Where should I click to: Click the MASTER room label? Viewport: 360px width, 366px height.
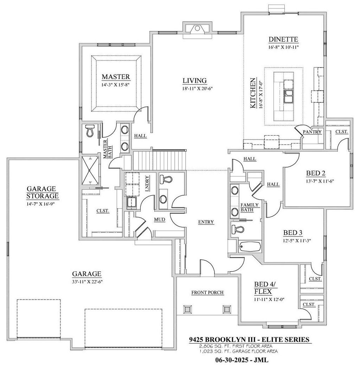(116, 77)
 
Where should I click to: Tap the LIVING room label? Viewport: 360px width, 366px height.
(195, 80)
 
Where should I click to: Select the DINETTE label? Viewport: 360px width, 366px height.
(283, 39)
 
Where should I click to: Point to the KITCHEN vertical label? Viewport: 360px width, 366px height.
(253, 93)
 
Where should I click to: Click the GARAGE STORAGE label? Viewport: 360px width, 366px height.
(43, 192)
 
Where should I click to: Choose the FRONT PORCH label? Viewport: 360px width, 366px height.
(207, 292)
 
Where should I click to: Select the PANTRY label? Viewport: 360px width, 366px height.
(312, 132)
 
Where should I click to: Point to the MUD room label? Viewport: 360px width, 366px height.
(160, 220)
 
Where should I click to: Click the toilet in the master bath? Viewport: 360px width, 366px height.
(90, 130)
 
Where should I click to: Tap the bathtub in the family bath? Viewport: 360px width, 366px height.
(250, 247)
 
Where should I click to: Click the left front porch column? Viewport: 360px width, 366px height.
(188, 309)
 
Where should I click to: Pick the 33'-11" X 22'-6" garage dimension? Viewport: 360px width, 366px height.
(88, 281)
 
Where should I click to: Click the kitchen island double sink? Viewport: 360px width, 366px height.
(289, 96)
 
